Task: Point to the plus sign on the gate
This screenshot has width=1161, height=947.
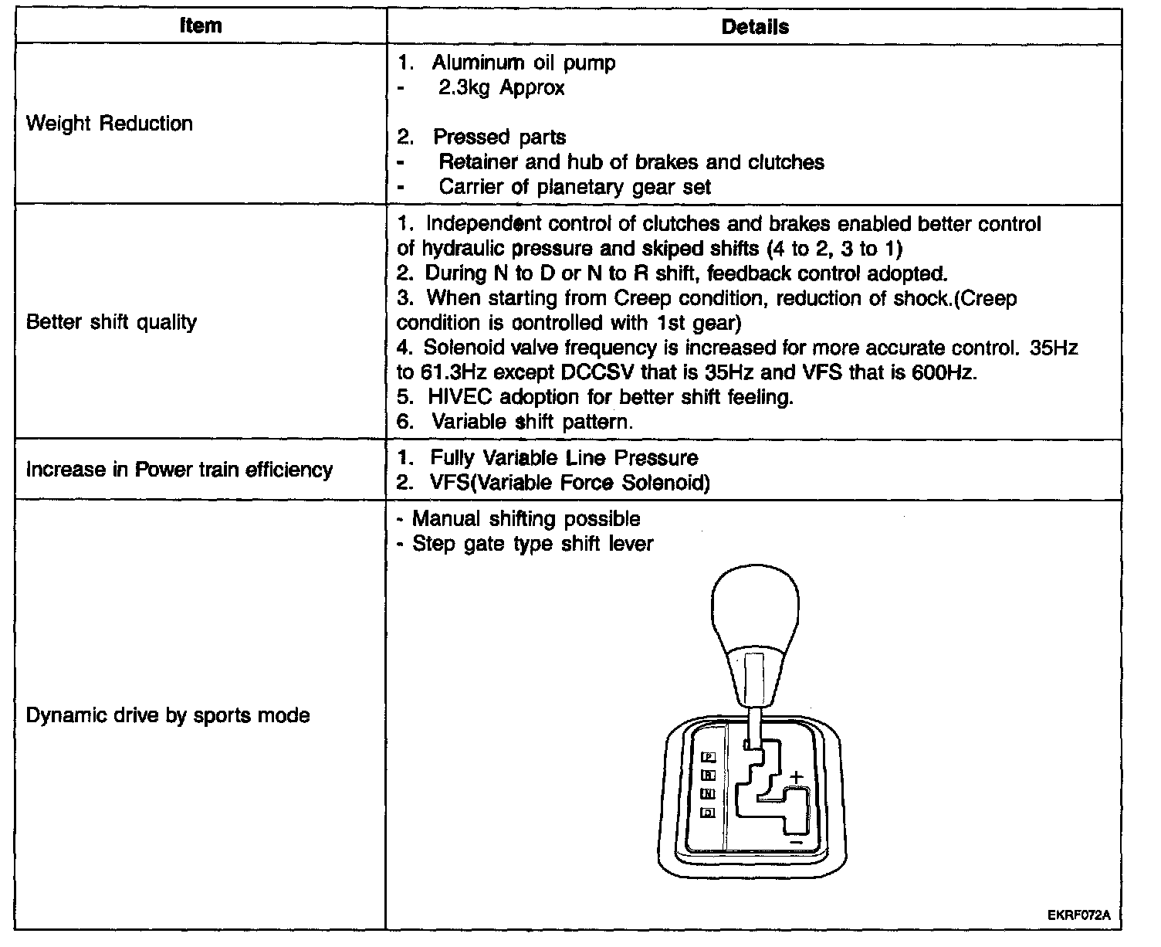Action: point(796,776)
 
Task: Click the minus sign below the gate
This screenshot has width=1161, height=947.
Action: point(795,840)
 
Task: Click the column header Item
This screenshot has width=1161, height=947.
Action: point(200,25)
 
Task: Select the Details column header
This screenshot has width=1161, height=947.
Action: point(754,27)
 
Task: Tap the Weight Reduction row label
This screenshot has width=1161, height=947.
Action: point(110,124)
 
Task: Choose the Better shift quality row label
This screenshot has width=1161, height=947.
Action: point(111,322)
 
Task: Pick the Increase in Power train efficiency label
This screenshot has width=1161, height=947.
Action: point(179,470)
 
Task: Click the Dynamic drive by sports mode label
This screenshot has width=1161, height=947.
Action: point(168,715)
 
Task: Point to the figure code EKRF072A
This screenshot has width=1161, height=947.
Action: point(1078,915)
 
